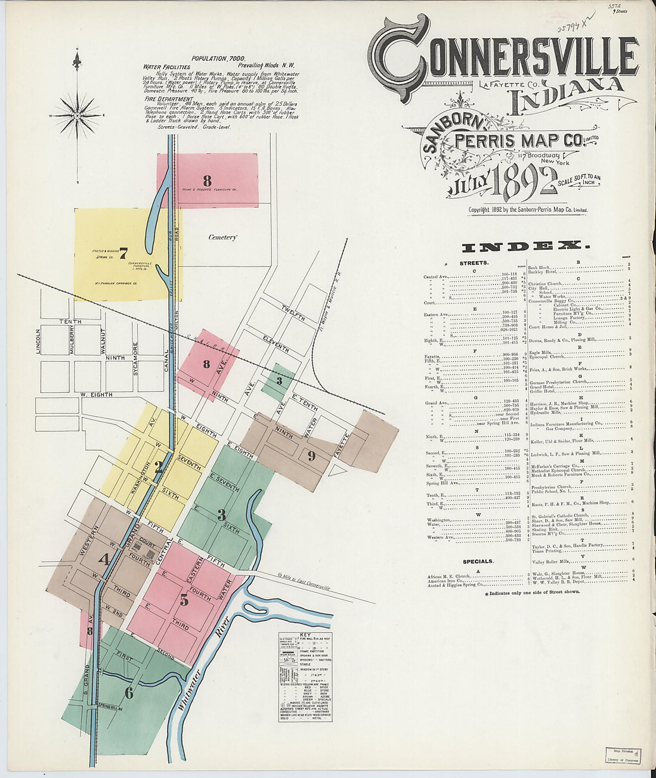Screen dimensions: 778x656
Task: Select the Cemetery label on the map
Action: pyautogui.click(x=222, y=237)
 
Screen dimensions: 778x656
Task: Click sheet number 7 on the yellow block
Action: pyautogui.click(x=123, y=254)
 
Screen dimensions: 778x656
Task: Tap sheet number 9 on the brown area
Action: pyautogui.click(x=311, y=456)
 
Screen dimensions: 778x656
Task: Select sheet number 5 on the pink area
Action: pyautogui.click(x=184, y=600)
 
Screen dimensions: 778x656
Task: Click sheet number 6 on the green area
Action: pyautogui.click(x=129, y=692)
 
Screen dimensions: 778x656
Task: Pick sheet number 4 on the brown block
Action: pyautogui.click(x=104, y=559)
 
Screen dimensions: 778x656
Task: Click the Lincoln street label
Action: pyautogui.click(x=39, y=342)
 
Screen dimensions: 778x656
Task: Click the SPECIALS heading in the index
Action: pyautogui.click(x=478, y=562)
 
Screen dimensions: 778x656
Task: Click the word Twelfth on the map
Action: pyautogui.click(x=293, y=312)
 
